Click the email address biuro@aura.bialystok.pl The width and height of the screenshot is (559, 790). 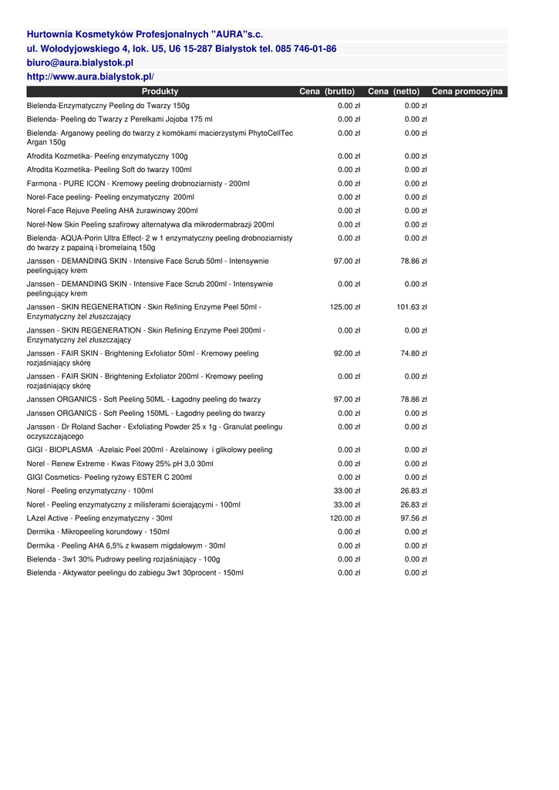(x=80, y=62)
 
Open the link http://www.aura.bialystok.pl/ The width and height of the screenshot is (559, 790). (x=90, y=77)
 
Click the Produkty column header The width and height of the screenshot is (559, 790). (x=160, y=92)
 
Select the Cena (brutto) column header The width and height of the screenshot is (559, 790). (x=327, y=92)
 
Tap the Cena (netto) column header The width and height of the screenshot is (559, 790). (x=394, y=92)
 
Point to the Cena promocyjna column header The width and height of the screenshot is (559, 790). (x=467, y=92)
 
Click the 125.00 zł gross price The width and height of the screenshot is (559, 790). (x=345, y=307)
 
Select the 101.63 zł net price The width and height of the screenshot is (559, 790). (x=412, y=307)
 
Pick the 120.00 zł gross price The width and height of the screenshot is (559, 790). (x=345, y=518)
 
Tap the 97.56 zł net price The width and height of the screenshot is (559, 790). (x=413, y=518)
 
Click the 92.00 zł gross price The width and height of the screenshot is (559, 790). (x=346, y=353)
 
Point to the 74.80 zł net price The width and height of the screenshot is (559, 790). (x=413, y=353)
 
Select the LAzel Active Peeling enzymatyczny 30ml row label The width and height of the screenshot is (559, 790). (x=99, y=518)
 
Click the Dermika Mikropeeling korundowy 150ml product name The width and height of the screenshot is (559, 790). (x=98, y=532)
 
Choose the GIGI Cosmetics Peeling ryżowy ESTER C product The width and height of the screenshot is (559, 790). (x=109, y=478)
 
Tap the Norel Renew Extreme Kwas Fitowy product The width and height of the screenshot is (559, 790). (x=120, y=464)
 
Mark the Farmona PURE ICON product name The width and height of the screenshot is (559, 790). (x=138, y=184)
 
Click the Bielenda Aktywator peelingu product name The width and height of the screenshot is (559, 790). (x=135, y=573)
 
